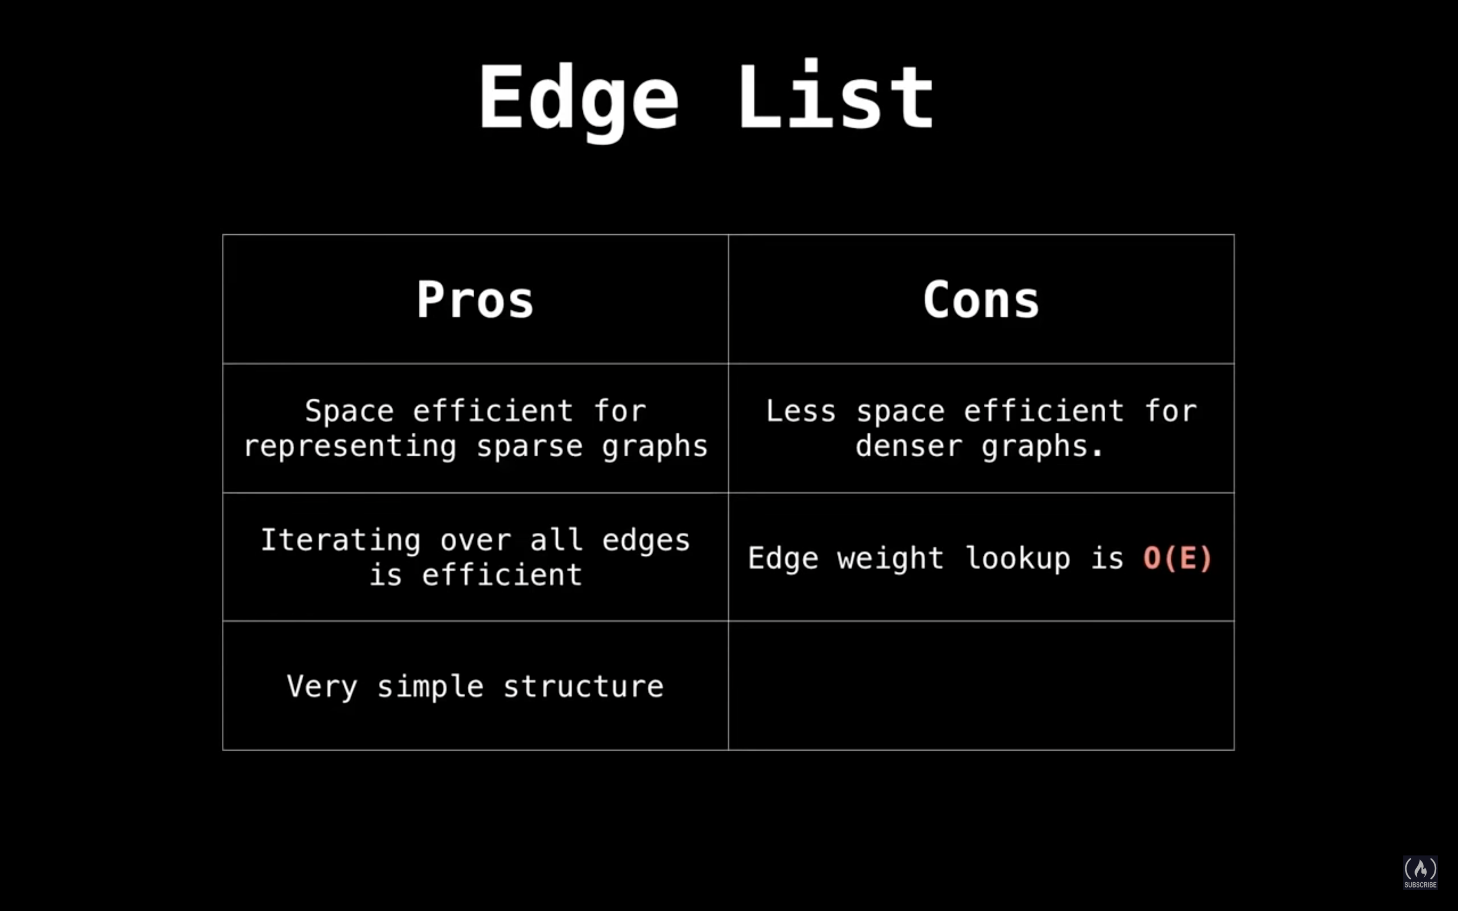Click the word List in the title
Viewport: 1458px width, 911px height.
836,95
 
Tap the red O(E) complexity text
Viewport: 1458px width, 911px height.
1177,557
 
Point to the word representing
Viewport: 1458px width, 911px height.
350,446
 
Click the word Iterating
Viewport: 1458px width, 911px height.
340,539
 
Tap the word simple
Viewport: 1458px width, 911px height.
430,686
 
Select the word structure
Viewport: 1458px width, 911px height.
583,686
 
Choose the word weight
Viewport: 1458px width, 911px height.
890,558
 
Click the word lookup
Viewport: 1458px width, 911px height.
1018,558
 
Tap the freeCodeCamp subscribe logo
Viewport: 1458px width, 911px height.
1421,872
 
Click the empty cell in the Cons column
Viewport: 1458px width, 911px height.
981,686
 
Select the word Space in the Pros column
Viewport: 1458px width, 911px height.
349,412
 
